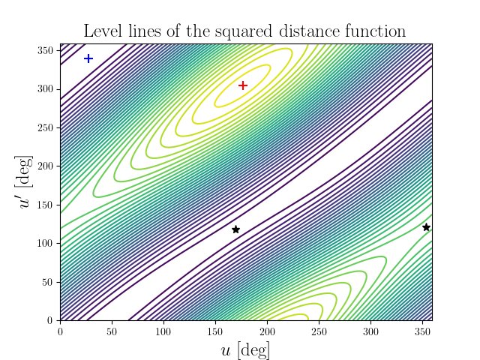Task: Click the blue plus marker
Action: (x=88, y=58)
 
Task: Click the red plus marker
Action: (x=243, y=85)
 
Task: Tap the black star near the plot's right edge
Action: (x=426, y=227)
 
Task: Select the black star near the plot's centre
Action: (x=235, y=229)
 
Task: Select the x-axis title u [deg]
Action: (x=245, y=349)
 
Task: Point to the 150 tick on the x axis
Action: (x=215, y=330)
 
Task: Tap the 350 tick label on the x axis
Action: (x=422, y=330)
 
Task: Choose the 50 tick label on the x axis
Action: (x=112, y=330)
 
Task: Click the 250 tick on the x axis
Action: (x=319, y=330)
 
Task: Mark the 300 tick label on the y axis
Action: (x=46, y=89)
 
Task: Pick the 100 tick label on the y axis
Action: (x=46, y=243)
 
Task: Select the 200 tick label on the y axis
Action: (x=46, y=166)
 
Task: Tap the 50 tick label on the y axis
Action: (x=49, y=282)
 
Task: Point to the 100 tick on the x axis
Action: (x=163, y=330)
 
